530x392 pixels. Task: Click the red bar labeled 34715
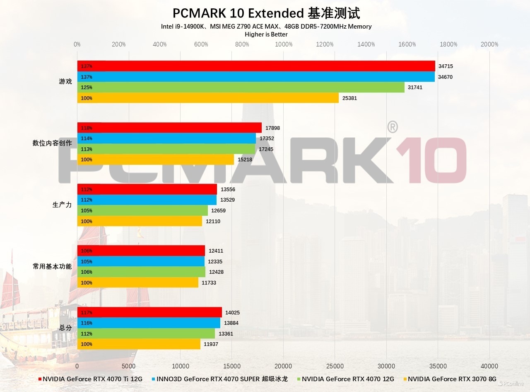tap(256, 66)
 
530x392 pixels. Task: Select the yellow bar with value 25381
tap(208, 98)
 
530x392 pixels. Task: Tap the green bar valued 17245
tap(166, 149)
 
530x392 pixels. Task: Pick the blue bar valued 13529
tap(147, 200)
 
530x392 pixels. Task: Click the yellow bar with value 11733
tap(138, 282)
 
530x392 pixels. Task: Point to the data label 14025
tap(232, 312)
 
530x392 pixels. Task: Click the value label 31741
tap(415, 88)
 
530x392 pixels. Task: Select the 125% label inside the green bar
tap(87, 88)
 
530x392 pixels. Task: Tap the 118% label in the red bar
tap(87, 128)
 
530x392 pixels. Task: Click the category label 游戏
tap(65, 81)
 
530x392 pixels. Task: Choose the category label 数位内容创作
tap(52, 143)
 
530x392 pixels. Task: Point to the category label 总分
tap(65, 328)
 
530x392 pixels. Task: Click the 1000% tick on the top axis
tap(284, 44)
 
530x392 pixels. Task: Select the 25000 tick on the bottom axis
tap(335, 366)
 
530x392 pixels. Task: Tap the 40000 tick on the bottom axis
tap(489, 366)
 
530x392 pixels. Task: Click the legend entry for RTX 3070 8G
tap(450, 379)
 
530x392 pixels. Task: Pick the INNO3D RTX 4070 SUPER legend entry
tap(220, 379)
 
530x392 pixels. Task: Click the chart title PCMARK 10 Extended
tap(238, 13)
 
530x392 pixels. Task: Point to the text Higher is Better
tap(266, 34)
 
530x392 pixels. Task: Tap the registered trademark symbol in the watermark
tap(393, 127)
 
